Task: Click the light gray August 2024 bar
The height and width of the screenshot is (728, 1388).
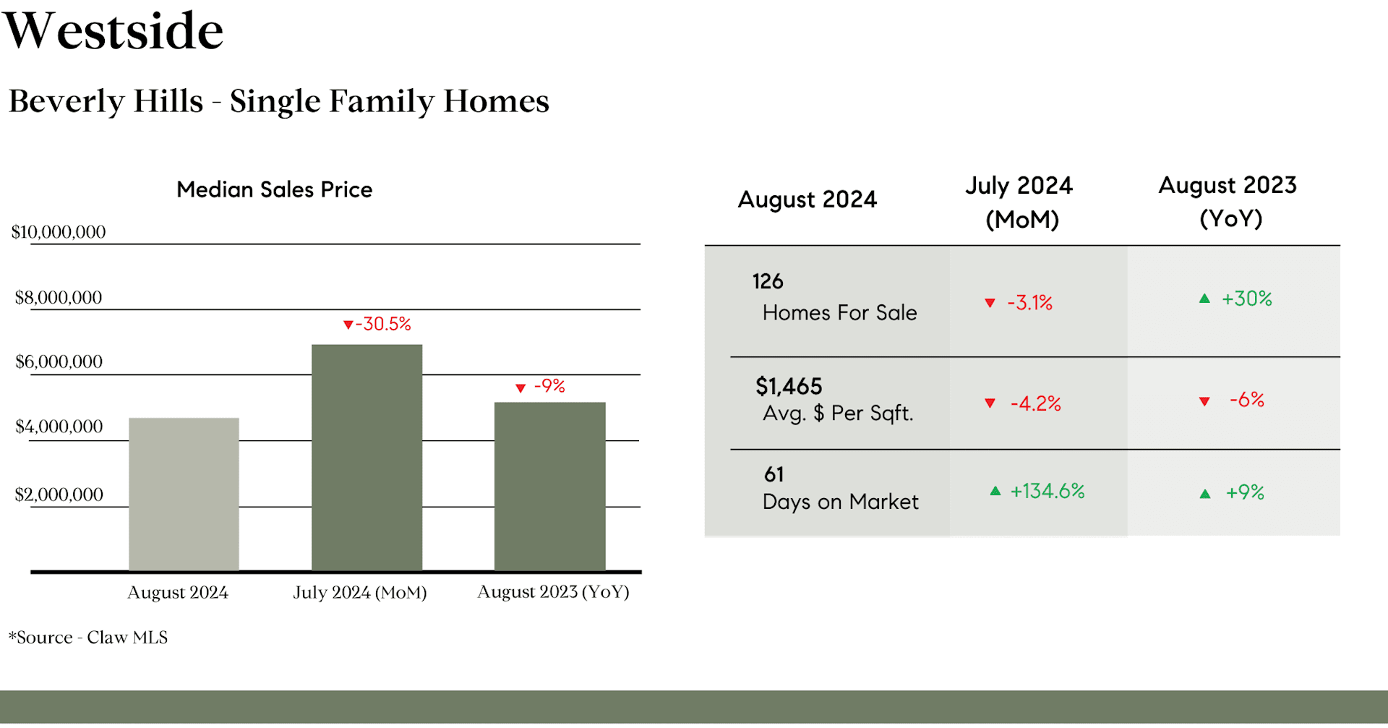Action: click(x=184, y=494)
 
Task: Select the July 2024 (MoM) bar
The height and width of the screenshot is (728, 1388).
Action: click(x=367, y=458)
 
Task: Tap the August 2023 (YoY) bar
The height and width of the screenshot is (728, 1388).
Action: click(x=549, y=487)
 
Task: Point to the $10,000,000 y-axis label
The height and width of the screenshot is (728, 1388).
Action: click(x=59, y=232)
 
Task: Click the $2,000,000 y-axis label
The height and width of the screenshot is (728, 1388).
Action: click(x=59, y=494)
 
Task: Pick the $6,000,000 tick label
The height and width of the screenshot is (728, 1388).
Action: click(x=59, y=361)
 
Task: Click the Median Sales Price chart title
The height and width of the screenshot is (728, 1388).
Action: click(x=275, y=189)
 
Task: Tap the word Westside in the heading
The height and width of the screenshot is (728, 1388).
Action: click(x=113, y=31)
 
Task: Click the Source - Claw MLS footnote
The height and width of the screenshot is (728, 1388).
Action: click(x=88, y=638)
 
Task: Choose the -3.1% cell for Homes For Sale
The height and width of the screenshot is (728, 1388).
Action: click(x=1029, y=302)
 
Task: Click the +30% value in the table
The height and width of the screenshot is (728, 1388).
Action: click(x=1246, y=299)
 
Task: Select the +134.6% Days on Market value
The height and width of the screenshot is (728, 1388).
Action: click(x=1048, y=492)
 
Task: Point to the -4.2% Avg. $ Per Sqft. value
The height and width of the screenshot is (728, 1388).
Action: click(x=1035, y=403)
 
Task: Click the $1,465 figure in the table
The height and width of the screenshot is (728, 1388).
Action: click(x=789, y=387)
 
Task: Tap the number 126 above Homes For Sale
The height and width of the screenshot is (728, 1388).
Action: click(x=768, y=281)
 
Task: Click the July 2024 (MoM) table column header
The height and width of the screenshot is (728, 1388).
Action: click(x=1020, y=202)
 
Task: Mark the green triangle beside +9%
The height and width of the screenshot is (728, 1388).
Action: click(x=1205, y=494)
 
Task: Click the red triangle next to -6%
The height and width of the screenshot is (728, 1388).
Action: click(x=1204, y=401)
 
